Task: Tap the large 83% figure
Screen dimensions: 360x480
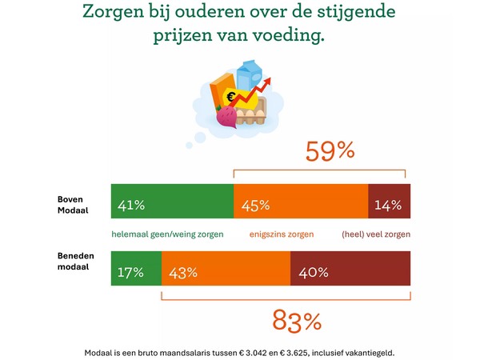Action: [x=297, y=321]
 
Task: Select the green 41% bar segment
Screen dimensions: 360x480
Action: [x=172, y=206]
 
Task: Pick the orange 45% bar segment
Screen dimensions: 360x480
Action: [x=300, y=206]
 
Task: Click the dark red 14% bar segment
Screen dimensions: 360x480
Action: [x=389, y=206]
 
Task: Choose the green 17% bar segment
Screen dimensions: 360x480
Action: [x=136, y=272]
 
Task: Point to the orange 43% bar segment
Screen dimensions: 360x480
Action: [x=226, y=272]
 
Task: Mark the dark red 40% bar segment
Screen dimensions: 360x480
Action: [x=350, y=272]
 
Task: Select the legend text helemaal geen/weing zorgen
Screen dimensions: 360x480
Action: [x=166, y=234]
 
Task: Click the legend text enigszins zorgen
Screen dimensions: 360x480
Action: [x=282, y=234]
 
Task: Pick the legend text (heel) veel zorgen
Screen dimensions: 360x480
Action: [x=375, y=234]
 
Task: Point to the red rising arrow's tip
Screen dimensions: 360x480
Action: [x=269, y=79]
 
